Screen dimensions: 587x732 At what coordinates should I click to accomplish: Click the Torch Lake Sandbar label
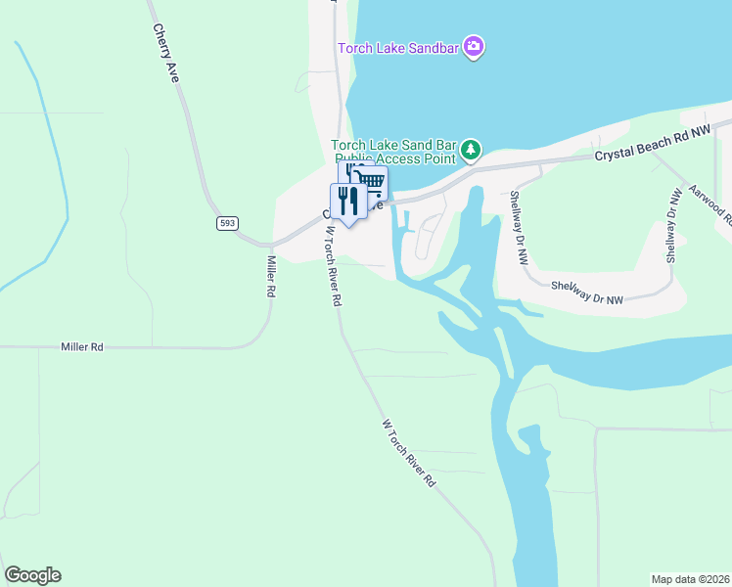399,48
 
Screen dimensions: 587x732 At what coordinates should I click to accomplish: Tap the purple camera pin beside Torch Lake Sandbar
475,47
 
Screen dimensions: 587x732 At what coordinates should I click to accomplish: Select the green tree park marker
472,149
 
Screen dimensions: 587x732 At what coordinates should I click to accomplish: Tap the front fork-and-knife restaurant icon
348,201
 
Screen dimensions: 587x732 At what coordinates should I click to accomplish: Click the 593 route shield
227,223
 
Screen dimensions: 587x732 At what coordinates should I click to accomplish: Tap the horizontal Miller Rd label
81,346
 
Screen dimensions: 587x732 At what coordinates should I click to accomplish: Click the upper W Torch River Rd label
333,267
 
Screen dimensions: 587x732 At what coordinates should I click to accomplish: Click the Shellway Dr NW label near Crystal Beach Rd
518,227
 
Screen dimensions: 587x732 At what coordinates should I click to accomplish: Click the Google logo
32,575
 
